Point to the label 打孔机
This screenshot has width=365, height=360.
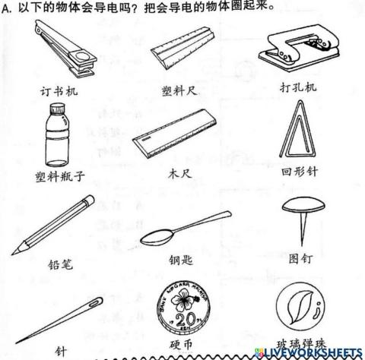pyautogui.click(x=298, y=88)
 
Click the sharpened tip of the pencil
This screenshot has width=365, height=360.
pyautogui.click(x=17, y=251)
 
